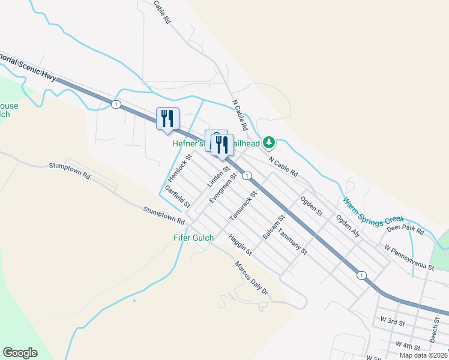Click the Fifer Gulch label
pyautogui.click(x=194, y=238)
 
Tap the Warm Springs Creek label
pyautogui.click(x=373, y=211)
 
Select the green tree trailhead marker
pyautogui.click(x=270, y=142)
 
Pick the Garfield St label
pyautogui.click(x=178, y=197)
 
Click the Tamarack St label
pyautogui.click(x=244, y=205)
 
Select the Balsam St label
pyautogui.click(x=273, y=227)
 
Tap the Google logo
pyautogui.click(x=20, y=353)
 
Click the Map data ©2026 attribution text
pyautogui.click(x=423, y=355)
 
